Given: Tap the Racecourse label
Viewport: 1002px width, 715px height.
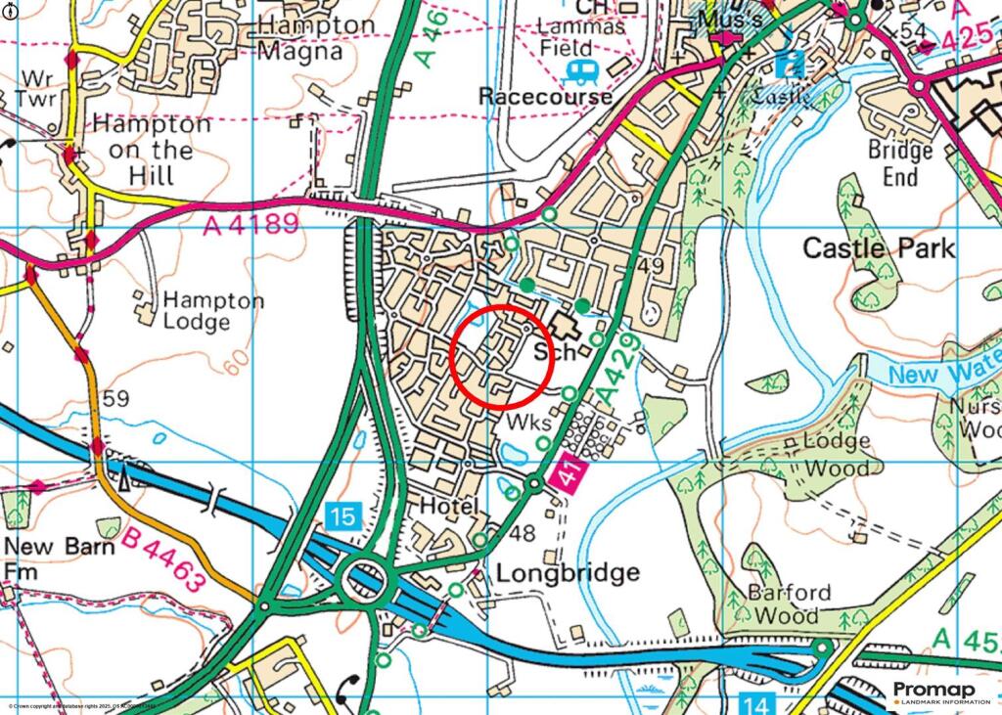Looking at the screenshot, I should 546,96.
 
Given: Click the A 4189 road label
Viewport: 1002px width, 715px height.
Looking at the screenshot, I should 250,226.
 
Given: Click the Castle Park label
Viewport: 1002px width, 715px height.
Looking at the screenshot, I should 878,248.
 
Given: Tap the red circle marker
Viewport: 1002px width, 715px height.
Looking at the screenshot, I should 503,356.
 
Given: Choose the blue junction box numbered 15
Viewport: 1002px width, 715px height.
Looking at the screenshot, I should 344,515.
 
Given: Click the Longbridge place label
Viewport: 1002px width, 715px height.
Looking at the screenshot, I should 568,572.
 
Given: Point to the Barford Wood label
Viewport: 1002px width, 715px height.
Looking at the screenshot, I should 789,603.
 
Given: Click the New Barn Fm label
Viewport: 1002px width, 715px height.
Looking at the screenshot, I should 59,558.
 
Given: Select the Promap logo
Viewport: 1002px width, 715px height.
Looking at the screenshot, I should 940,693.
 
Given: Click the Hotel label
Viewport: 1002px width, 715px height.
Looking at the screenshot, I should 448,507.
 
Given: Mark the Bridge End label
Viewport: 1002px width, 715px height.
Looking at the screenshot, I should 900,163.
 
